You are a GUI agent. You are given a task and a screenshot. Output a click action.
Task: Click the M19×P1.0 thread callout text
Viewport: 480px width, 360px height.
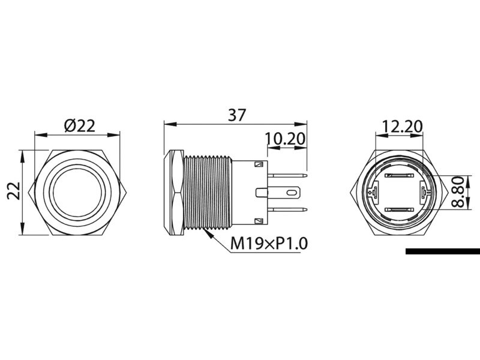click(x=269, y=243)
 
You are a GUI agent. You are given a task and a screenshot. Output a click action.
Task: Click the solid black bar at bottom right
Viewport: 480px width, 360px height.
click(x=442, y=251)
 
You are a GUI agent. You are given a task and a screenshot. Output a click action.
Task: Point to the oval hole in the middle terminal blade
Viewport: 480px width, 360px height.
click(x=292, y=193)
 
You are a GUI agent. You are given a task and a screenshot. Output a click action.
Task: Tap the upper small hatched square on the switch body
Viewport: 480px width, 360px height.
click(x=259, y=164)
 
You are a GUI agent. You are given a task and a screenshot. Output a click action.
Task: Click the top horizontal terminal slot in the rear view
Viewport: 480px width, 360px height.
click(x=398, y=176)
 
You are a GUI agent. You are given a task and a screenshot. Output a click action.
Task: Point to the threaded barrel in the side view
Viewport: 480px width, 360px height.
click(x=207, y=192)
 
